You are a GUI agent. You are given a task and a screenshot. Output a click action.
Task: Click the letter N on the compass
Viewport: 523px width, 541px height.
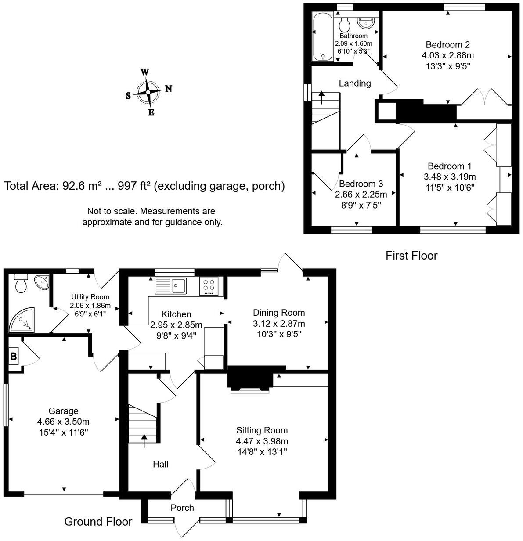click(x=169, y=89)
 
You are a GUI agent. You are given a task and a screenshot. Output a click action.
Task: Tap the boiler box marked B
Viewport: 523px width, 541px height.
click(x=14, y=357)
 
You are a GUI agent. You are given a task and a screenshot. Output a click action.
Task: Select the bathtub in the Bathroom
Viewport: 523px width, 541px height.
click(x=323, y=36)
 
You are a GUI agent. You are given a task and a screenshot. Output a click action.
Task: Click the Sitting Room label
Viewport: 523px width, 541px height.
click(x=262, y=430)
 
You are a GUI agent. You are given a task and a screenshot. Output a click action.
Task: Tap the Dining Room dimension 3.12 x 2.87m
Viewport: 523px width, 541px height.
click(x=278, y=324)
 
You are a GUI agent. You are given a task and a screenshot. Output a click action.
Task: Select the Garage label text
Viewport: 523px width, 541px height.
click(x=63, y=411)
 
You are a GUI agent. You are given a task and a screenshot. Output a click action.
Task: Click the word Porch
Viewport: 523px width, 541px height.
click(x=182, y=508)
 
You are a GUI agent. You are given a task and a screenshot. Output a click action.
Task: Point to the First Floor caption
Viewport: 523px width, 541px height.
click(x=411, y=256)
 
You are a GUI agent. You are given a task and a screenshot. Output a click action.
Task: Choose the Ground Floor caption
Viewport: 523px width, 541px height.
click(x=98, y=522)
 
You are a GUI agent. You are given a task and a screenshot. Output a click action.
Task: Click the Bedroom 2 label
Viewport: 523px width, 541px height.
click(x=447, y=45)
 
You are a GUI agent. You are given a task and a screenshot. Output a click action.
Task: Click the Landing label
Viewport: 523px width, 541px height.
click(x=355, y=83)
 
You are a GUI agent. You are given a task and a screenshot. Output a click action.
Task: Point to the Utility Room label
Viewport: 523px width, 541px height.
click(x=90, y=297)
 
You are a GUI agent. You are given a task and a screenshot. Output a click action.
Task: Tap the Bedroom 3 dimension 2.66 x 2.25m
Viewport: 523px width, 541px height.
click(x=361, y=194)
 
